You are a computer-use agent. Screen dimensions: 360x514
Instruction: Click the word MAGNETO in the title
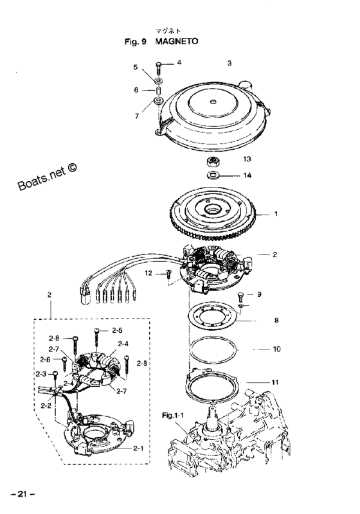[x=177, y=42]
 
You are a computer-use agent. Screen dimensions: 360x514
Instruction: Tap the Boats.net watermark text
[x=48, y=177]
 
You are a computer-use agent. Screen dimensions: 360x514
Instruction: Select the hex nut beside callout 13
[x=214, y=162]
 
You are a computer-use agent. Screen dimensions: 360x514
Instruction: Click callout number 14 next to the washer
[x=248, y=175]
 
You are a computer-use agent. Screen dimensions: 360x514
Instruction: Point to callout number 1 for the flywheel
[x=276, y=214]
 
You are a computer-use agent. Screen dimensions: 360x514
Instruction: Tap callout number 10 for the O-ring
[x=276, y=349]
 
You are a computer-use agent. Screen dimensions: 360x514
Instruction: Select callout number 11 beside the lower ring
[x=275, y=382]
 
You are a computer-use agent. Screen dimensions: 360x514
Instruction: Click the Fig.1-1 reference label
[x=173, y=416]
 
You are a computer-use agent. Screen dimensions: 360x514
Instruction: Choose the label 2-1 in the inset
[x=138, y=448]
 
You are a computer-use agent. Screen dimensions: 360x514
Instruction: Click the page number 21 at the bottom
[x=22, y=494]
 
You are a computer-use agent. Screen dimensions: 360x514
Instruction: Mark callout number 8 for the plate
[x=276, y=320]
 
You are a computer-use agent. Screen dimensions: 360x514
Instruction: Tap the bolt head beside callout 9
[x=241, y=295]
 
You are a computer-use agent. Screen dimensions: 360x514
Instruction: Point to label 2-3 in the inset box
[x=41, y=374]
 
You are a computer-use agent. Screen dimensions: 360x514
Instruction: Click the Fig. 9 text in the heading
[x=135, y=42]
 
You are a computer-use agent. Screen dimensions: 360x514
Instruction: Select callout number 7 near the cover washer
[x=137, y=116]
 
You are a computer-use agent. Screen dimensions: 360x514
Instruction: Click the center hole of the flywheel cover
[x=213, y=101]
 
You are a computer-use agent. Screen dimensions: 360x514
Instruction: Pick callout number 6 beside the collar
[x=136, y=90]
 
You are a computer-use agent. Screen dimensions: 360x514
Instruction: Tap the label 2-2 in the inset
[x=46, y=405]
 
